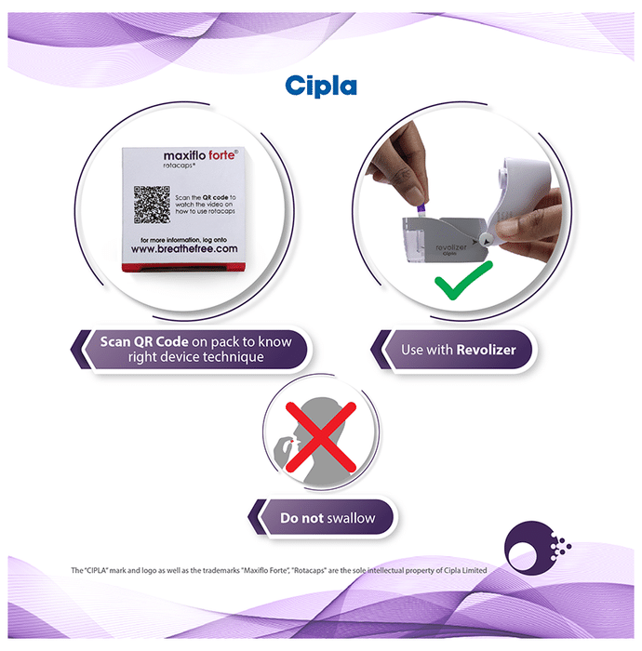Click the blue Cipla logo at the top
pos(321,86)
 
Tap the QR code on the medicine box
pos(152,205)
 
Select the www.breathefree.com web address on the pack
pos(184,249)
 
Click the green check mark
pos(463,281)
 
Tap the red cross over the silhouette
pos(321,437)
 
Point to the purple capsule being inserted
pos(421,211)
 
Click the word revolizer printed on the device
pos(451,247)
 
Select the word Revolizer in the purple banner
pos(486,350)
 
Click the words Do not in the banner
pos(301,518)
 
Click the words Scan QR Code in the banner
pos(144,341)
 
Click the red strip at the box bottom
pos(183,268)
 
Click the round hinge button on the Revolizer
pos(485,240)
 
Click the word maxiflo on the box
pos(184,155)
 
